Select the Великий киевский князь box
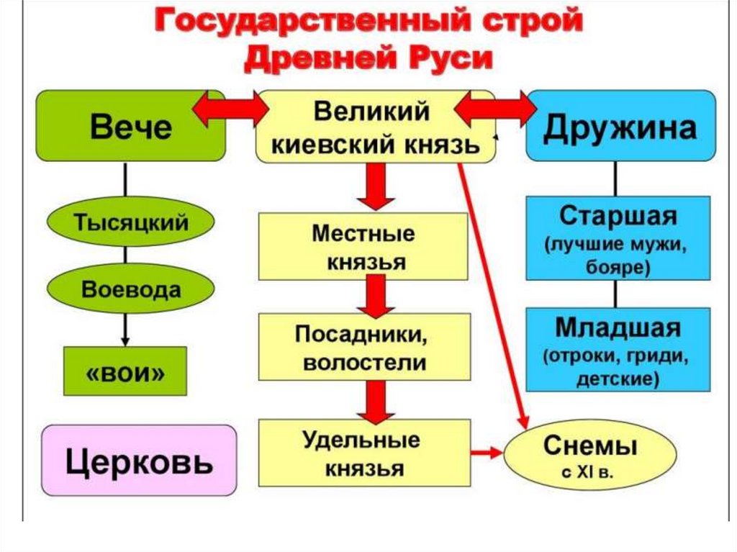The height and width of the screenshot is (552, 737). (374, 127)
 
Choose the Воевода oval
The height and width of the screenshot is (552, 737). (130, 290)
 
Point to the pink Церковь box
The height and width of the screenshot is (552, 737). (139, 460)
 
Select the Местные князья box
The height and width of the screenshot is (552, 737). (365, 248)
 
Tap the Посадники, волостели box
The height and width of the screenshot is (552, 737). (365, 348)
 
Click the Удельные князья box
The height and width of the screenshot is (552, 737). (365, 453)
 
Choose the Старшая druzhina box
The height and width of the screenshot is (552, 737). (618, 237)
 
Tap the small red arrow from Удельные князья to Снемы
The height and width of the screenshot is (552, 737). (487, 453)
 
